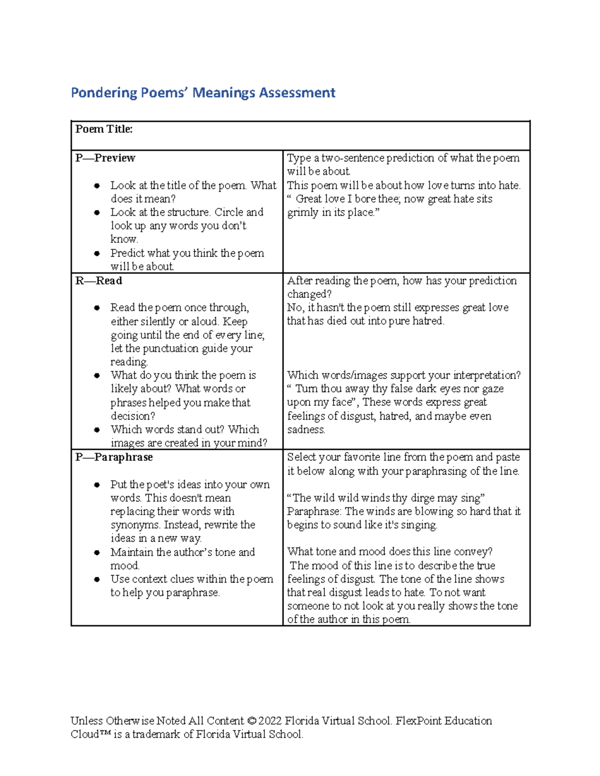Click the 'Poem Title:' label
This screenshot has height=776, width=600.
pyautogui.click(x=104, y=129)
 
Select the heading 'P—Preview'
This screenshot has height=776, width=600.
pyautogui.click(x=105, y=158)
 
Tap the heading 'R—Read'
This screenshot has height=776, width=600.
pyautogui.click(x=98, y=281)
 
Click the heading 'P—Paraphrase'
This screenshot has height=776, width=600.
pyautogui.click(x=114, y=457)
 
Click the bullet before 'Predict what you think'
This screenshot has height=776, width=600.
pyautogui.click(x=96, y=254)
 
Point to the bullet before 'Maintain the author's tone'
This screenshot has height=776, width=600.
pyautogui.click(x=96, y=553)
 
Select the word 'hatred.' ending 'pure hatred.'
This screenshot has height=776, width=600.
pyautogui.click(x=428, y=321)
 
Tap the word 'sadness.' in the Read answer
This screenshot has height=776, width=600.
pyautogui.click(x=306, y=430)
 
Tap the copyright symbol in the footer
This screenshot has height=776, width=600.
pyautogui.click(x=251, y=721)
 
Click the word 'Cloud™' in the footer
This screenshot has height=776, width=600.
pyautogui.click(x=90, y=734)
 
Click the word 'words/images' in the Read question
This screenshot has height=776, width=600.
pyautogui.click(x=352, y=375)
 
